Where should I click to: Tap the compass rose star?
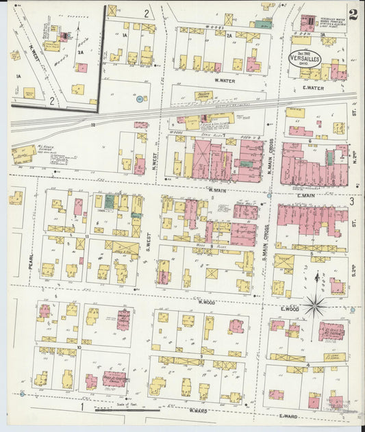314,305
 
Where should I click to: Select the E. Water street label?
312,87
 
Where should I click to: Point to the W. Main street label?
216,190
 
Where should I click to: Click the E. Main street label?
305,196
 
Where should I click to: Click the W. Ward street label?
198,411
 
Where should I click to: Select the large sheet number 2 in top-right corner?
352,15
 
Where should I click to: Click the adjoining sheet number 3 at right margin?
351,201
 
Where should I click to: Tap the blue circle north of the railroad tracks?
139,99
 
